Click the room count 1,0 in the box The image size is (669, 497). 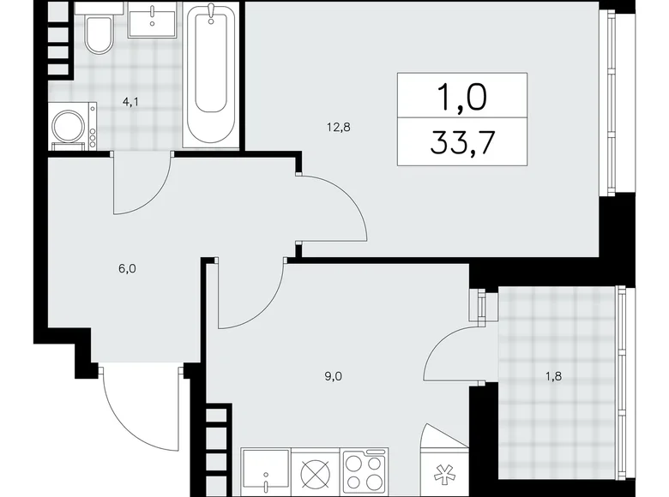click(x=463, y=95)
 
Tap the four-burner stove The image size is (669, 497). click(x=365, y=472)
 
